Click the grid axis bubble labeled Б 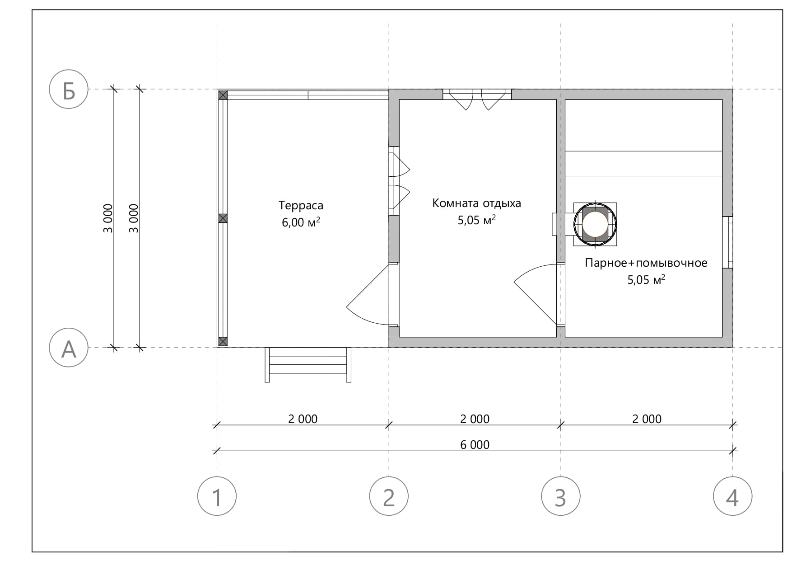(x=69, y=90)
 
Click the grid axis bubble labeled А (x=69, y=348)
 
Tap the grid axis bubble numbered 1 (x=217, y=496)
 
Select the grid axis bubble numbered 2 (x=389, y=496)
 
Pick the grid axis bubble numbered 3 (x=561, y=496)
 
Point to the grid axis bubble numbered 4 (x=733, y=496)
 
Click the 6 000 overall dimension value (x=475, y=445)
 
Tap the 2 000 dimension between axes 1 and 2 (x=303, y=419)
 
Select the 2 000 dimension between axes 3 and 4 (x=647, y=419)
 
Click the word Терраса (x=301, y=206)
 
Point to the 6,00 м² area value (x=301, y=222)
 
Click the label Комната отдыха (x=477, y=203)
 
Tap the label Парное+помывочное (x=646, y=263)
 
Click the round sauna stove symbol (x=595, y=224)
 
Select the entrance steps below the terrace (x=308, y=364)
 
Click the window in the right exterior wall (x=727, y=242)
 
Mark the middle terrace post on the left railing (x=223, y=218)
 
